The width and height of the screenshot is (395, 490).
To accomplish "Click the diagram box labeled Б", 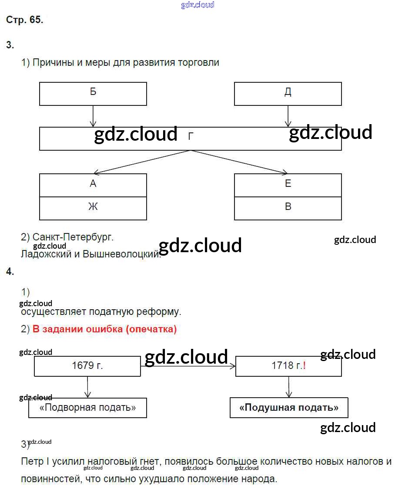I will [x=93, y=94].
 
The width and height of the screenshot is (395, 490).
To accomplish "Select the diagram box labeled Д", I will [x=288, y=94].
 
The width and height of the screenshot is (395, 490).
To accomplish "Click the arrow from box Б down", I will [x=93, y=116].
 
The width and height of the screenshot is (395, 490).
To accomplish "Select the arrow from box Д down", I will [x=288, y=116].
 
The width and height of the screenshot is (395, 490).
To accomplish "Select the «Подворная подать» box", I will [x=87, y=408].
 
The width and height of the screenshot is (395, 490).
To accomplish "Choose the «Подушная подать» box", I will [x=289, y=408].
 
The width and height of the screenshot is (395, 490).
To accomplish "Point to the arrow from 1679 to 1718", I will [x=188, y=366].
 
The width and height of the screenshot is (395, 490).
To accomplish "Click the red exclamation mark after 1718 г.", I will [x=305, y=366].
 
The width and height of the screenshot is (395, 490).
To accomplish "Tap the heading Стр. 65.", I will [x=25, y=20].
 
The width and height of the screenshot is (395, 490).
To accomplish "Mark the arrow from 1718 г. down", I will [x=288, y=387].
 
